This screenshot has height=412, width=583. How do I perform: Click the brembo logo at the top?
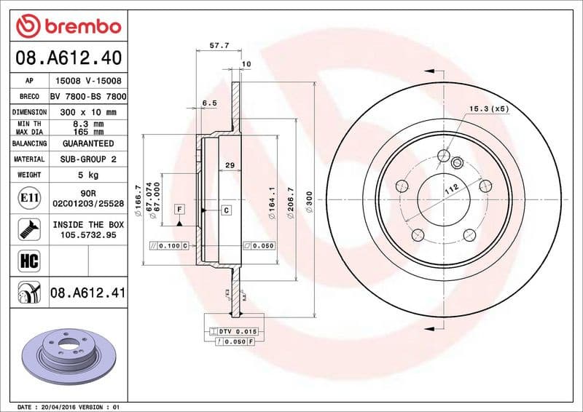[68, 27]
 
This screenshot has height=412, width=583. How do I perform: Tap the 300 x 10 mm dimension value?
[88, 113]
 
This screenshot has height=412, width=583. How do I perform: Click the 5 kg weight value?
[88, 175]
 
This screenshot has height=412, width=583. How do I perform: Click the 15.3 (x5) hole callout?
[488, 109]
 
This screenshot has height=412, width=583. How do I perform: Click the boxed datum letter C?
[226, 210]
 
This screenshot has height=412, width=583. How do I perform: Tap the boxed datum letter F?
[179, 210]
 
